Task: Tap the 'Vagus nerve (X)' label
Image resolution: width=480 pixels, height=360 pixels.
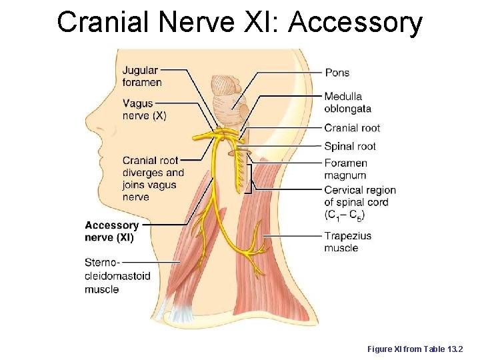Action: pyautogui.click(x=144, y=109)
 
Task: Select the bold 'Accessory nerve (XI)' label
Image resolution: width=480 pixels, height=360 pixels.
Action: pyautogui.click(x=112, y=231)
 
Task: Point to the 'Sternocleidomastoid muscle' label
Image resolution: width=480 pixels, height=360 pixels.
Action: pyautogui.click(x=117, y=276)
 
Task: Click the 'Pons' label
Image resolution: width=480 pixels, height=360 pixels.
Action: pyautogui.click(x=337, y=72)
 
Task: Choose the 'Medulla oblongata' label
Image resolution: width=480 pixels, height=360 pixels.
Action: pyautogui.click(x=348, y=102)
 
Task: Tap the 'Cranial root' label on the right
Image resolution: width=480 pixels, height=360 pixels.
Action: pyautogui.click(x=352, y=128)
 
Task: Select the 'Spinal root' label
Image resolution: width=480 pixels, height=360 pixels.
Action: pyautogui.click(x=350, y=147)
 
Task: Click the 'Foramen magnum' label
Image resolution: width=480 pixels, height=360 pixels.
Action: pyautogui.click(x=345, y=169)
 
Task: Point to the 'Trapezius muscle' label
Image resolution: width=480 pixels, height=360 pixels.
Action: pyautogui.click(x=347, y=242)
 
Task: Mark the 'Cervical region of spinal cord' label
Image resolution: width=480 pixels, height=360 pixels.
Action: pyautogui.click(x=360, y=202)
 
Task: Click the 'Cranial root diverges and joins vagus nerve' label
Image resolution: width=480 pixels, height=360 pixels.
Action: pyautogui.click(x=153, y=179)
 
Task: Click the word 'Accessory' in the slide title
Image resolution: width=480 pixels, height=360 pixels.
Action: pyautogui.click(x=355, y=22)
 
